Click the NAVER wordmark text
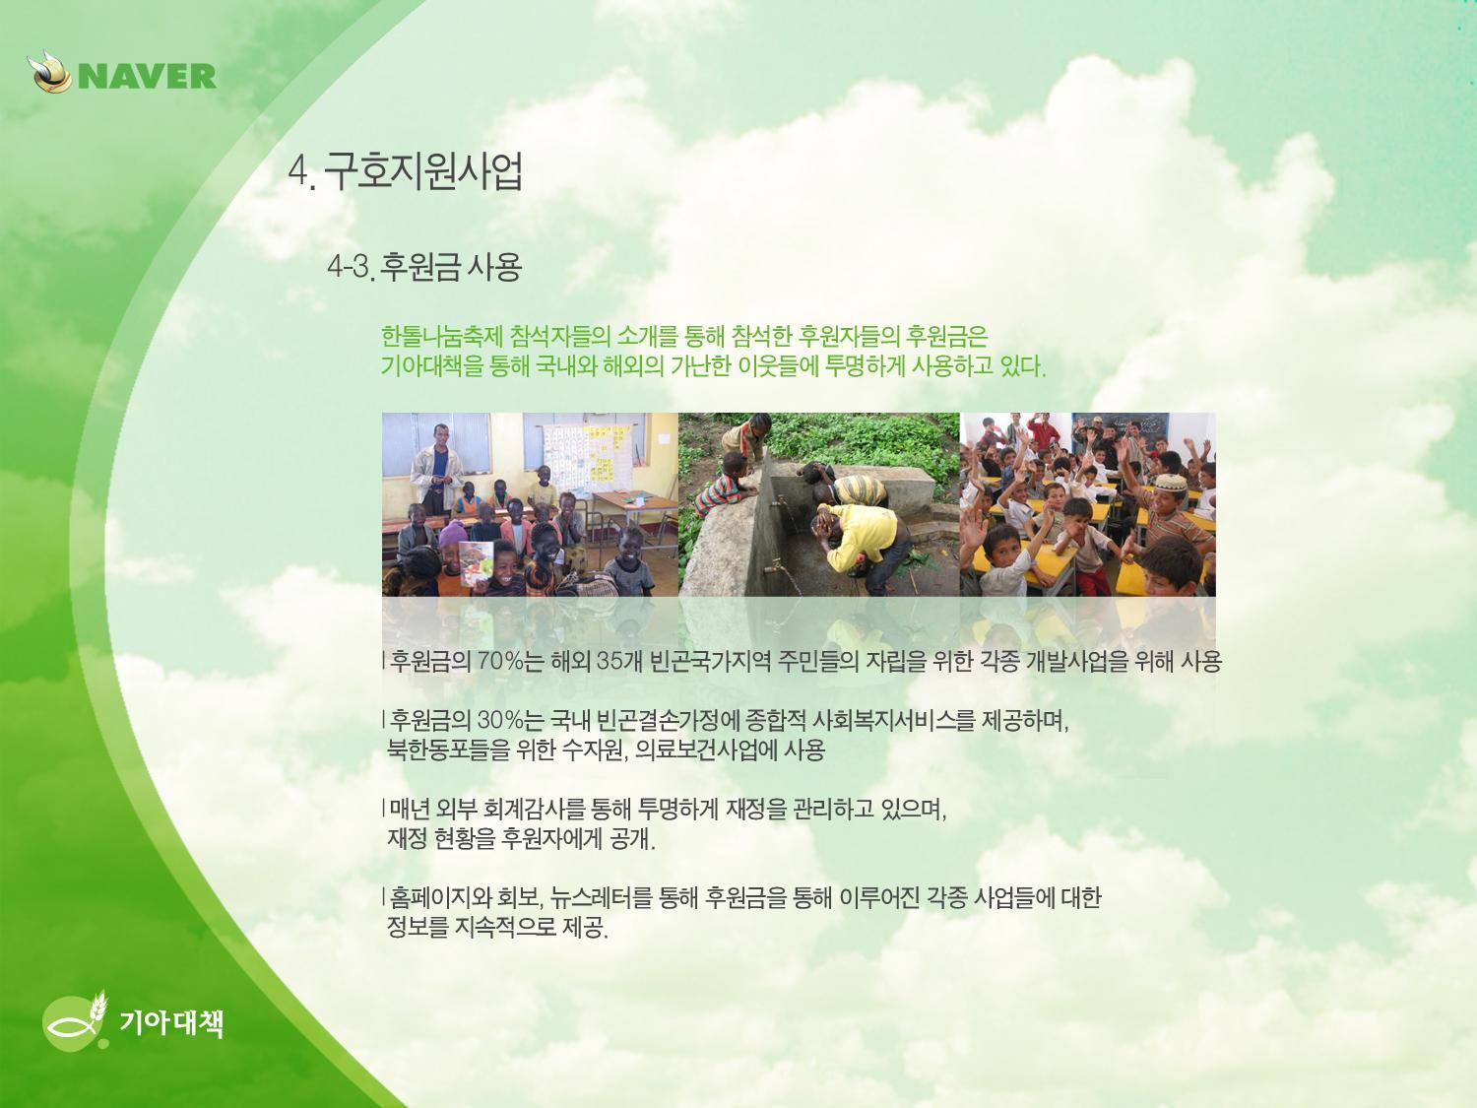[x=148, y=76]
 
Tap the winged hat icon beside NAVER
[x=50, y=72]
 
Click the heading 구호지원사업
[x=423, y=171]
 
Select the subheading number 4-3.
[x=350, y=268]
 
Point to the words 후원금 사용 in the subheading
[x=450, y=267]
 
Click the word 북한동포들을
[x=448, y=750]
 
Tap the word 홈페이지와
[x=440, y=897]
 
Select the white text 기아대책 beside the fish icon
[x=171, y=1023]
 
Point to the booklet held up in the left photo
[x=476, y=562]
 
